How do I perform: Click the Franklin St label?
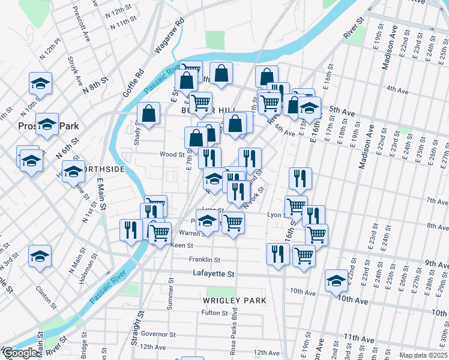pyautogui.click(x=205, y=260)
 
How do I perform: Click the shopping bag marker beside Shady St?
pyautogui.click(x=148, y=113)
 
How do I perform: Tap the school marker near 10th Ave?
pyautogui.click(x=336, y=280)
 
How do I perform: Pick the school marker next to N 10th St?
pyautogui.click(x=40, y=83)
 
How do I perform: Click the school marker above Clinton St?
pyautogui.click(x=40, y=256)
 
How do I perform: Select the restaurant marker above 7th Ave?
pyautogui.click(x=300, y=178)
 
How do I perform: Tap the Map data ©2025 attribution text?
pyautogui.click(x=423, y=355)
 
